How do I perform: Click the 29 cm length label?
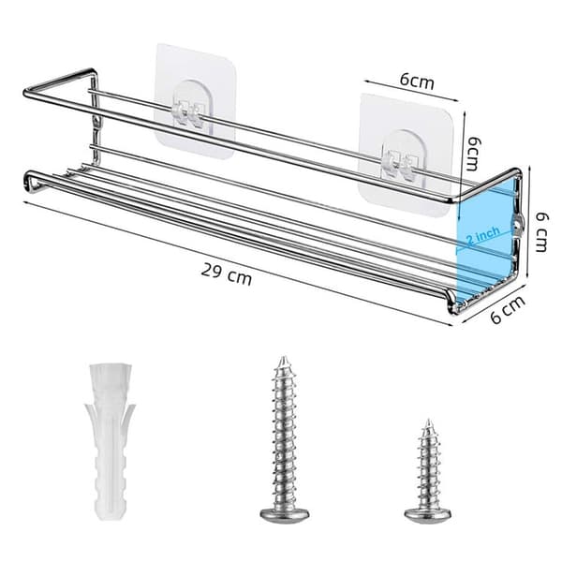(x=226, y=274)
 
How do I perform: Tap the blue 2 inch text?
(x=482, y=235)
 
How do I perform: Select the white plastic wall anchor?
(x=110, y=441)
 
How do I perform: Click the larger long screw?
(x=285, y=437)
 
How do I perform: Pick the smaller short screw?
(x=428, y=469)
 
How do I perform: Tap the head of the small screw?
(x=428, y=514)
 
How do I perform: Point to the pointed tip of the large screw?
(x=284, y=358)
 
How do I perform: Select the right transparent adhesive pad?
(x=407, y=155)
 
